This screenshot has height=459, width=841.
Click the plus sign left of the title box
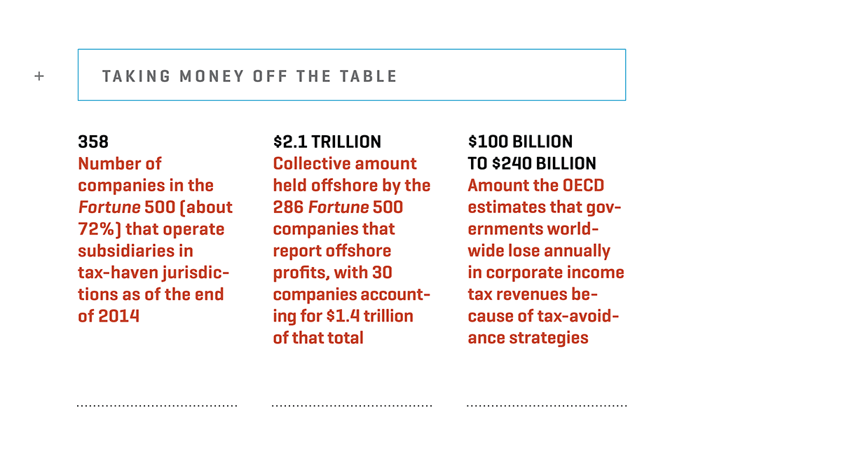[x=39, y=76]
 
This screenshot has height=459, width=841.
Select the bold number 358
[x=93, y=142]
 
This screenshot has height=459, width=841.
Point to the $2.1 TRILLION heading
[x=327, y=142]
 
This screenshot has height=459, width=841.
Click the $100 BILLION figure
[x=520, y=142]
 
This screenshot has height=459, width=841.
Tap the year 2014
[x=118, y=316]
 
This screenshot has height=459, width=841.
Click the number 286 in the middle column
[x=288, y=207]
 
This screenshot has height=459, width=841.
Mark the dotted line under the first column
[x=157, y=406]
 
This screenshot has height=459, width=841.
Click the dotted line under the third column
[x=547, y=406]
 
